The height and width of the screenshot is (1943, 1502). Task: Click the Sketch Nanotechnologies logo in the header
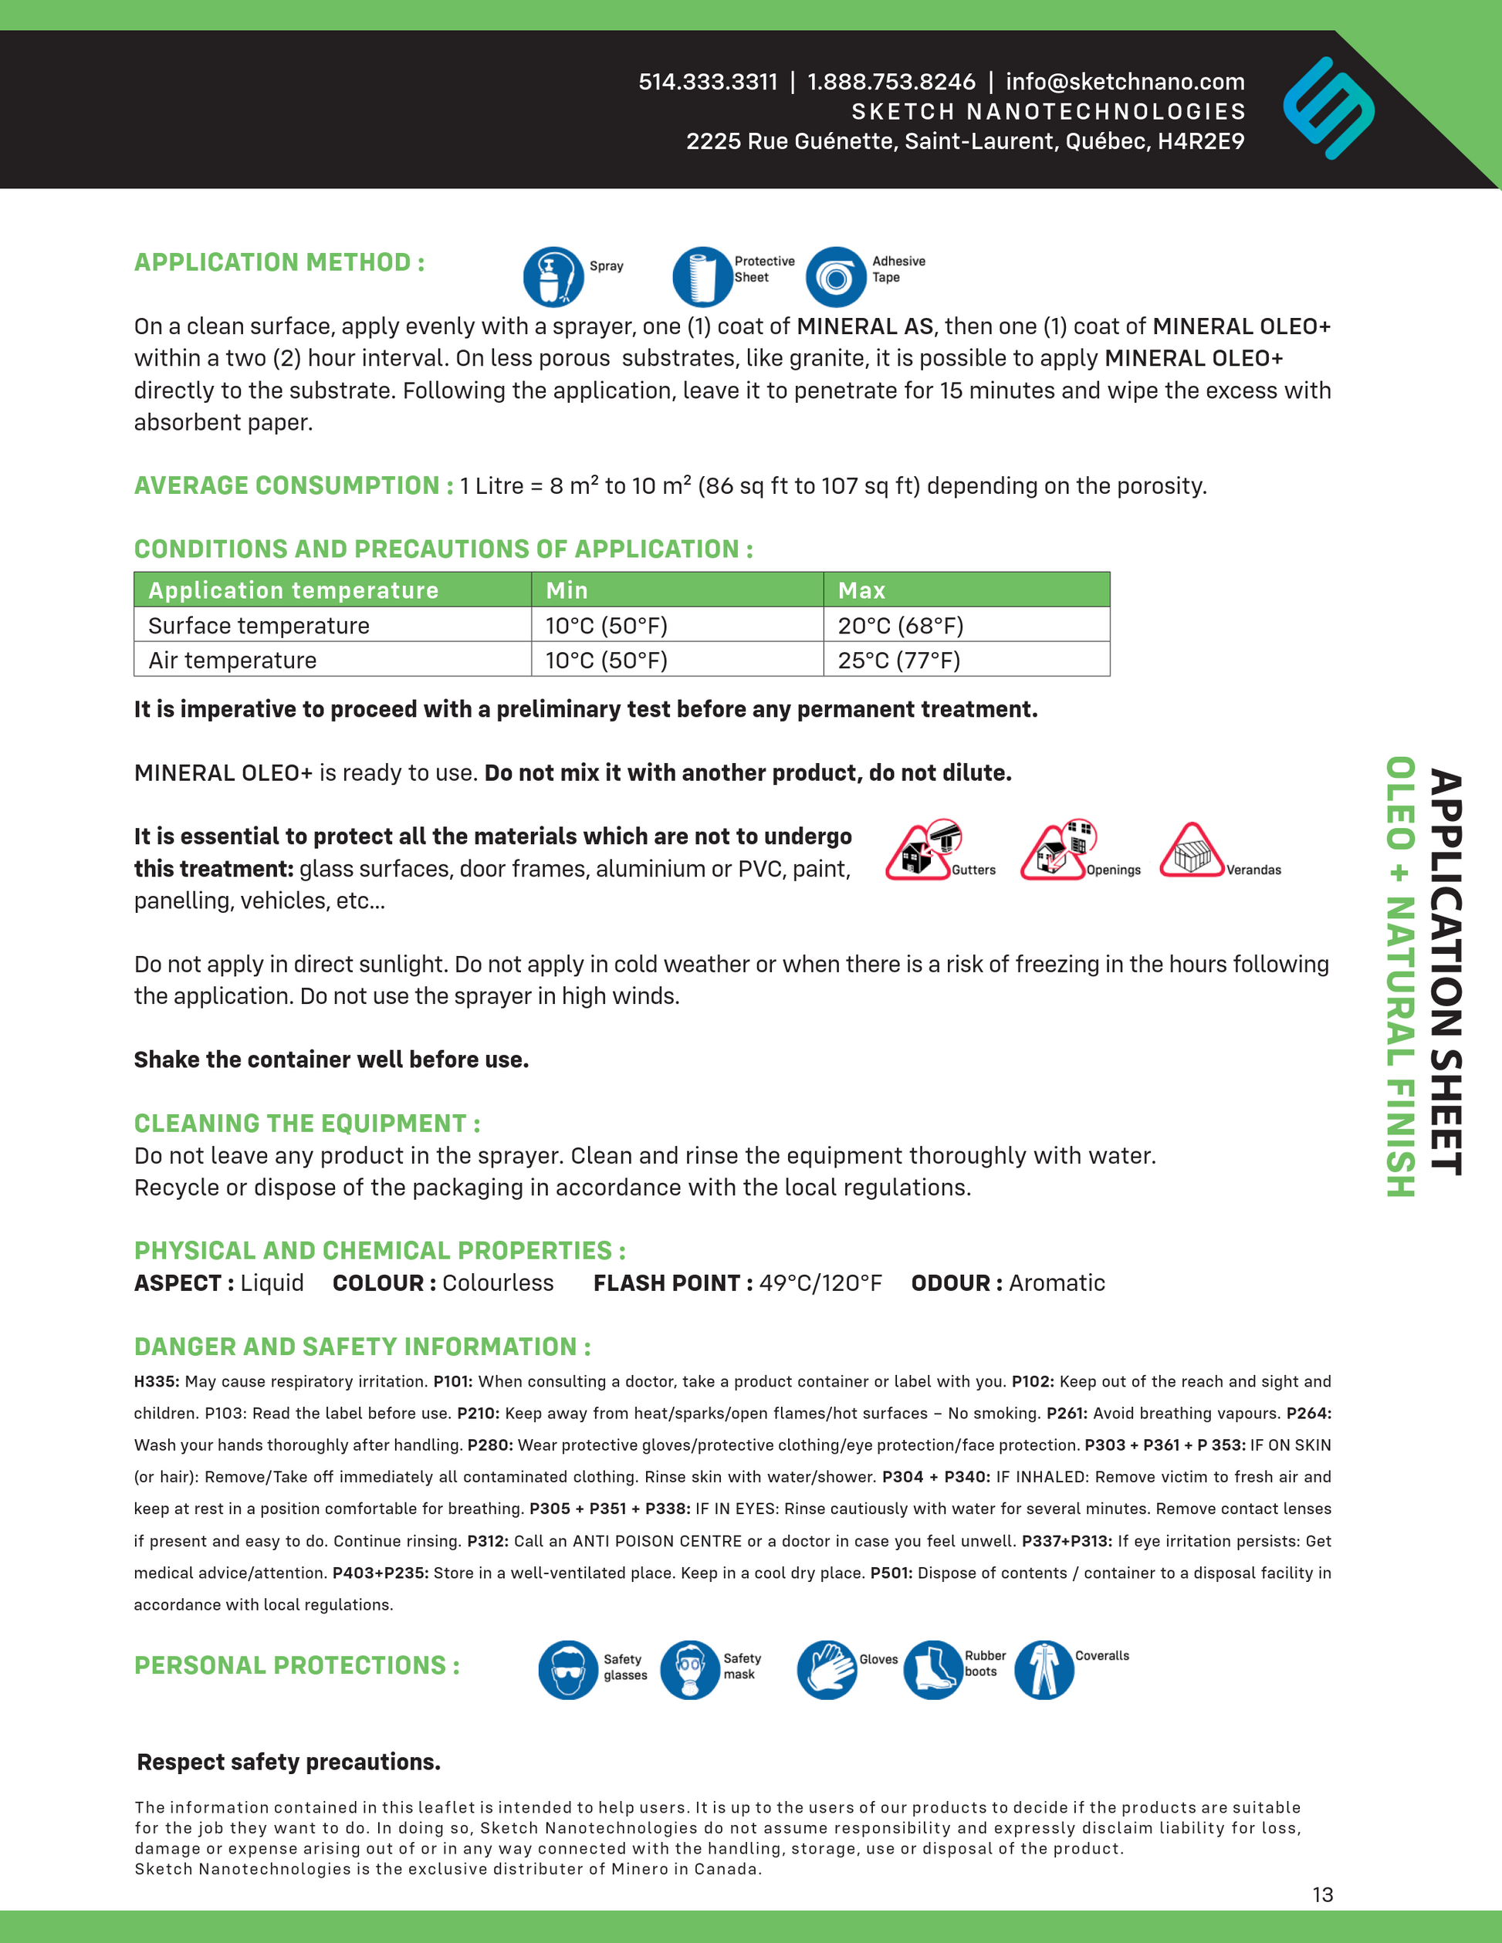point(1328,109)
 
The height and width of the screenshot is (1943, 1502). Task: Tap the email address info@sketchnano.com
point(1125,82)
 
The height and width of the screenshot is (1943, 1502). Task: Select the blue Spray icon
point(553,277)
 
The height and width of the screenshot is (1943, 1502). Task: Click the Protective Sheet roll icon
point(702,277)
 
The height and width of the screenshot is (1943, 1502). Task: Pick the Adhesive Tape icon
point(836,277)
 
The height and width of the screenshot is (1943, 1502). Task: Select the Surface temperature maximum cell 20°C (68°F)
point(900,626)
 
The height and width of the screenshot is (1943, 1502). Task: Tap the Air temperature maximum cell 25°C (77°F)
point(898,660)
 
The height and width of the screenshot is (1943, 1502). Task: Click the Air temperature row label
point(232,660)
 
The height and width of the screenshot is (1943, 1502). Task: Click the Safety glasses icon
point(568,1670)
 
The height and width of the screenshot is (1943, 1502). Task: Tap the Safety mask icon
point(689,1670)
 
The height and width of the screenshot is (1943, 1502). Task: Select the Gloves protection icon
point(827,1670)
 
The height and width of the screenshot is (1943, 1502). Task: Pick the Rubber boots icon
point(932,1670)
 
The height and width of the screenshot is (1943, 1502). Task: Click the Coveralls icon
point(1044,1670)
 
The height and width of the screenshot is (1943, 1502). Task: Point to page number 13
point(1322,1894)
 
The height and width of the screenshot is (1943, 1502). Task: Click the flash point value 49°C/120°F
point(820,1283)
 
